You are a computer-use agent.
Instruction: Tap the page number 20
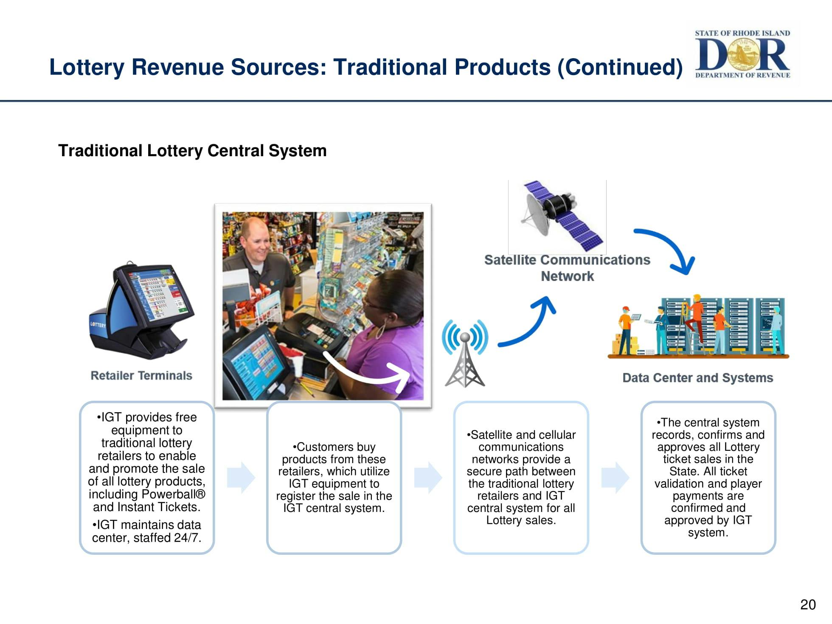coord(808,604)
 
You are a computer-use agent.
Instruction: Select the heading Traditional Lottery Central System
coord(192,151)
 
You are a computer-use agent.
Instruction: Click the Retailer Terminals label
coord(141,376)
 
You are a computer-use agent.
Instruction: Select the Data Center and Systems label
coord(697,378)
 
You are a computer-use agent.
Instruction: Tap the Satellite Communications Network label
coord(567,268)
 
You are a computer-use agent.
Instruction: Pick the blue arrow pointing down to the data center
coord(669,250)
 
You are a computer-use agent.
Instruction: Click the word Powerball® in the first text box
coord(173,495)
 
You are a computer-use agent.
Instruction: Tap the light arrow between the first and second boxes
coord(241,478)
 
